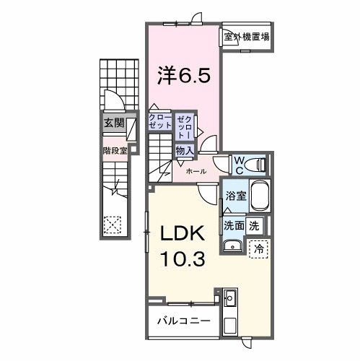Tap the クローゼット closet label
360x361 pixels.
pyautogui.click(x=159, y=121)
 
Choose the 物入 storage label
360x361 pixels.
pyautogui.click(x=184, y=149)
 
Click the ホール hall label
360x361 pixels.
pyautogui.click(x=196, y=171)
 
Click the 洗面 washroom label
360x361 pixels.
pyautogui.click(x=233, y=224)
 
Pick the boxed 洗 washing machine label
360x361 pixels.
pyautogui.click(x=254, y=224)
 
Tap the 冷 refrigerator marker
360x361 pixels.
pyautogui.click(x=259, y=247)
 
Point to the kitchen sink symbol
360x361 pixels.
pyautogui.click(x=230, y=297)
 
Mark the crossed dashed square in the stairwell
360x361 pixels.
pyautogui.click(x=112, y=225)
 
